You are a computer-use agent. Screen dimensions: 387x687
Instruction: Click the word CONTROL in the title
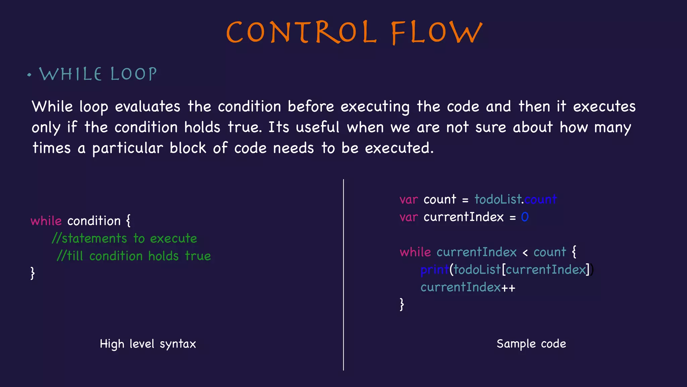pyautogui.click(x=301, y=32)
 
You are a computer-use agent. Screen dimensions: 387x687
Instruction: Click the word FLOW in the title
pyautogui.click(x=437, y=32)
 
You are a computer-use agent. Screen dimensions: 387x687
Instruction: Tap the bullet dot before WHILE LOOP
pyautogui.click(x=30, y=75)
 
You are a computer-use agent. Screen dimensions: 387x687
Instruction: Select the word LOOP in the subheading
pyautogui.click(x=134, y=74)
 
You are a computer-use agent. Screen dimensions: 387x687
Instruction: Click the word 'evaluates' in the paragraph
pyautogui.click(x=148, y=107)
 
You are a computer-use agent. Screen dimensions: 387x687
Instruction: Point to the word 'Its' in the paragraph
pyautogui.click(x=278, y=127)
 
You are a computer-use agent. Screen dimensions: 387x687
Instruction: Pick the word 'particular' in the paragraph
pyautogui.click(x=127, y=148)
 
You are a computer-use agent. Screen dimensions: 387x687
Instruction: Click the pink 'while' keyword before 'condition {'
pyautogui.click(x=46, y=221)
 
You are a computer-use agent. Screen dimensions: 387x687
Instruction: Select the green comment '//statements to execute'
pyautogui.click(x=124, y=239)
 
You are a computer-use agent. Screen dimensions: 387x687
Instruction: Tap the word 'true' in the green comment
pyautogui.click(x=198, y=256)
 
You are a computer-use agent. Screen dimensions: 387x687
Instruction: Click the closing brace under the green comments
pyautogui.click(x=33, y=273)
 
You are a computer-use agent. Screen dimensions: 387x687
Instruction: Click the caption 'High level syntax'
pyautogui.click(x=148, y=344)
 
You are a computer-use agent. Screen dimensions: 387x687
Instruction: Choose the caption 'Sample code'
pyautogui.click(x=531, y=344)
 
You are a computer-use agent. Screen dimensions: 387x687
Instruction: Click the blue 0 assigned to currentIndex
pyautogui.click(x=525, y=217)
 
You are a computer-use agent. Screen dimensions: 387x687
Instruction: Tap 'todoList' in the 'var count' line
pyautogui.click(x=498, y=200)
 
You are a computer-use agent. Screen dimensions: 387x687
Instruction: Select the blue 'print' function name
pyautogui.click(x=434, y=270)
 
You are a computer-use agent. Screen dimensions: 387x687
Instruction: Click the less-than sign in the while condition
pyautogui.click(x=525, y=253)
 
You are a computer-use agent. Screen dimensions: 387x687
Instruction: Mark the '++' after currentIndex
pyautogui.click(x=508, y=288)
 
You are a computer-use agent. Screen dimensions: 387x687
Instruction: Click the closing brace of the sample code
pyautogui.click(x=402, y=304)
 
